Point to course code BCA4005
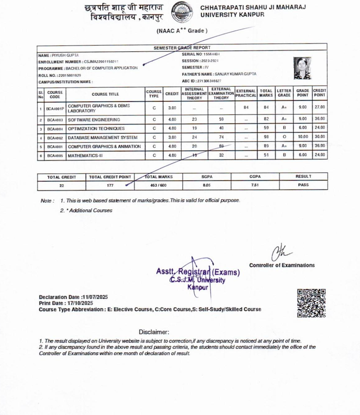click(x=55, y=156)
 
